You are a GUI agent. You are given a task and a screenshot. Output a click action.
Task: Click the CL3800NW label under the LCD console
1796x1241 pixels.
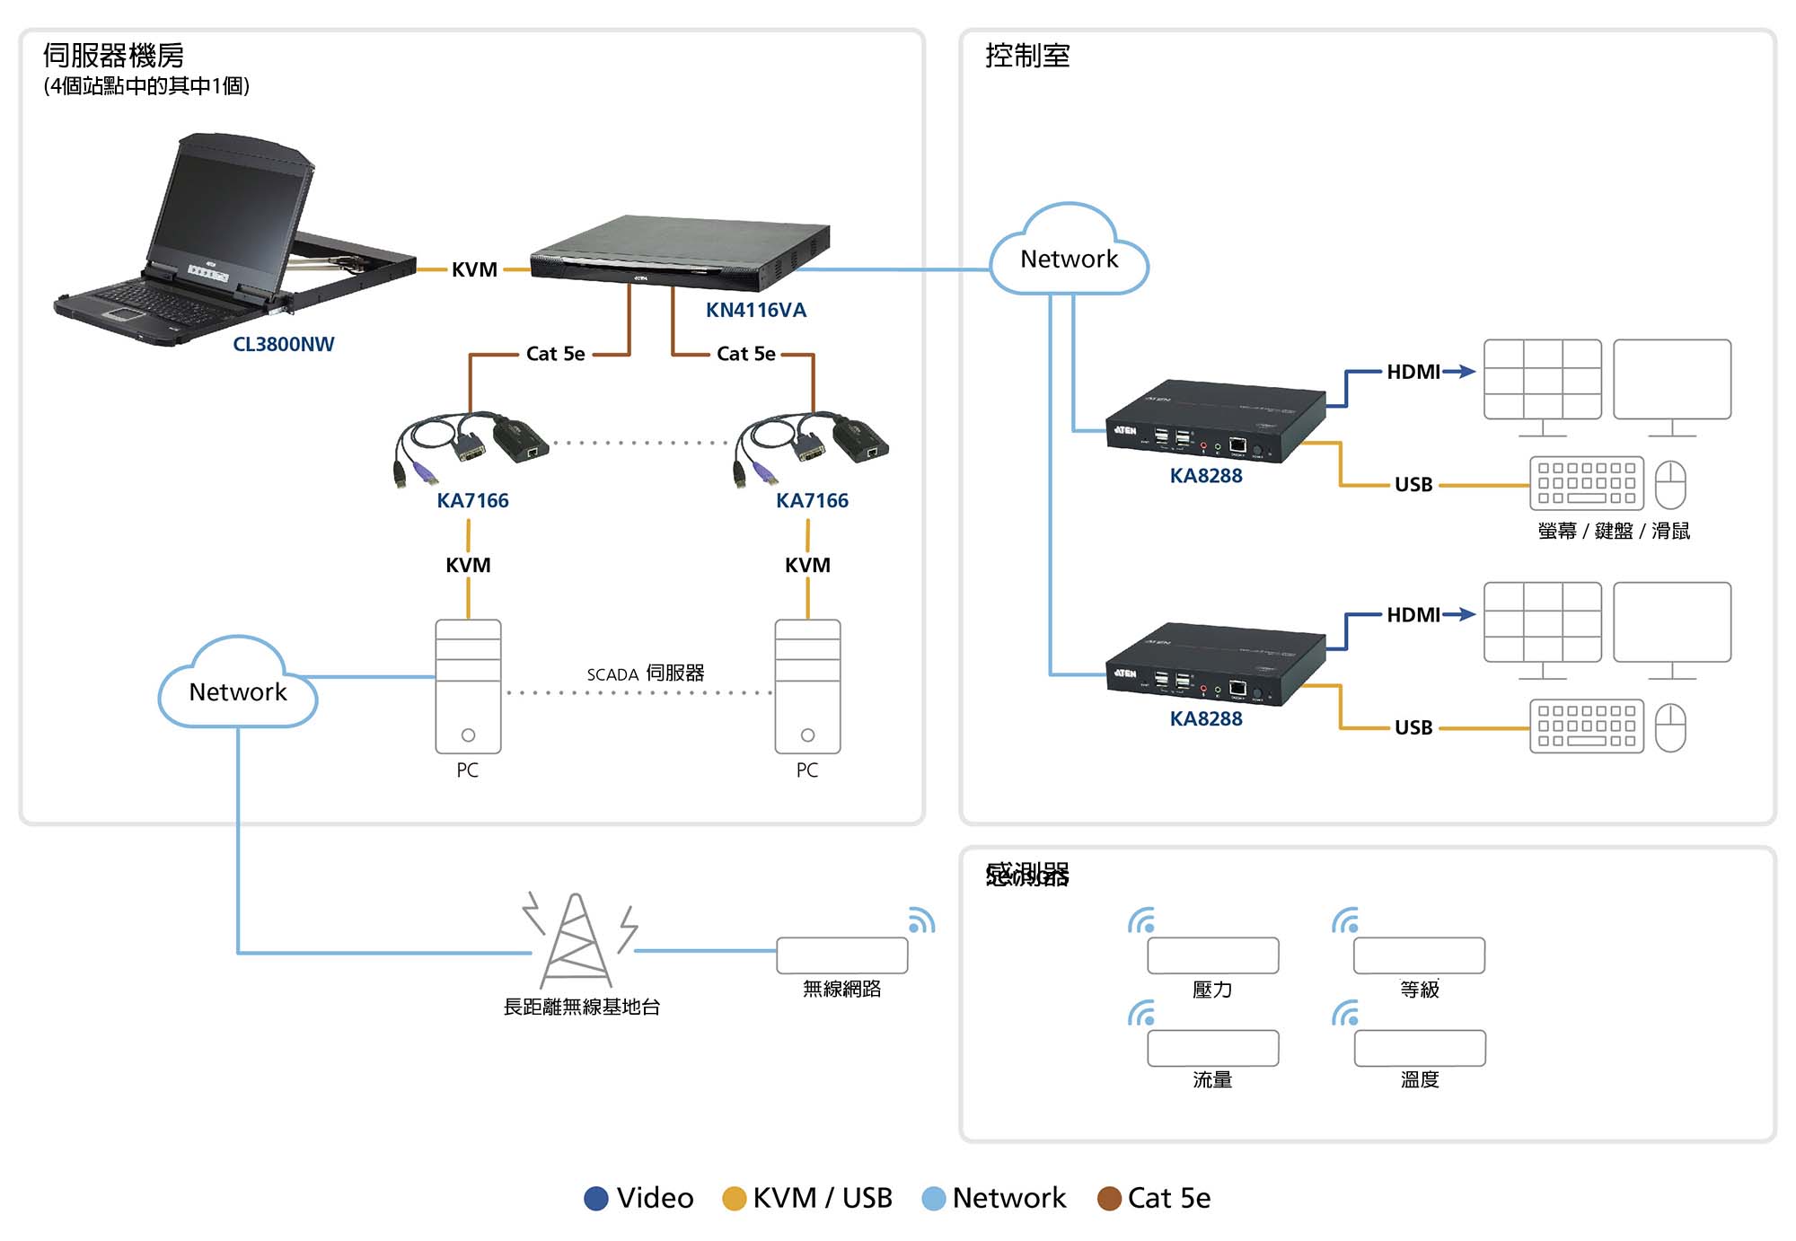click(283, 344)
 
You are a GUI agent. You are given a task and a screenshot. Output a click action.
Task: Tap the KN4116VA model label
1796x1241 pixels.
click(755, 310)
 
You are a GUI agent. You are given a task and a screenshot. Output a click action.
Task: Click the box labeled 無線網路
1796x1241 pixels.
click(841, 955)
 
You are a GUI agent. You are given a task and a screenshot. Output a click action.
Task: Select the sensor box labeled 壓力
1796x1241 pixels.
click(1212, 955)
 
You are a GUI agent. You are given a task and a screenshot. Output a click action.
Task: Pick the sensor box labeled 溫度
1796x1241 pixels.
click(1419, 1048)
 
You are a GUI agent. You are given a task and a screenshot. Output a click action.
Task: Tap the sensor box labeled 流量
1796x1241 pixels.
click(1212, 1048)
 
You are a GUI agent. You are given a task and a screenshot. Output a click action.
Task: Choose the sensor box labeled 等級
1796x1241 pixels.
click(1419, 955)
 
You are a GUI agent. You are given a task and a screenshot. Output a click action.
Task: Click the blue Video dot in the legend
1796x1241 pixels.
click(596, 1198)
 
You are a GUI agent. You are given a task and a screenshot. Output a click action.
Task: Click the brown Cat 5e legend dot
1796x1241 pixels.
click(1109, 1198)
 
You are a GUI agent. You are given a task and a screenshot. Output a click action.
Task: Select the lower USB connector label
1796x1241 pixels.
click(1413, 727)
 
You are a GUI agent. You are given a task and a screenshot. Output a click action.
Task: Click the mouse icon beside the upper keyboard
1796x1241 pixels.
click(1669, 484)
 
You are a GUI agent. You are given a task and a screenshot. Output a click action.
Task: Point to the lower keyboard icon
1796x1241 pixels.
click(1586, 726)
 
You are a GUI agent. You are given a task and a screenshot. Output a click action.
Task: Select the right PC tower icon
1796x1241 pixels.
click(807, 686)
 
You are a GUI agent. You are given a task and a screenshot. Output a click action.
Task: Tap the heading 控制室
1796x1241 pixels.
click(1027, 56)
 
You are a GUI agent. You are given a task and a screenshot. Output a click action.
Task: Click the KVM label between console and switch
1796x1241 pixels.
click(474, 269)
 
